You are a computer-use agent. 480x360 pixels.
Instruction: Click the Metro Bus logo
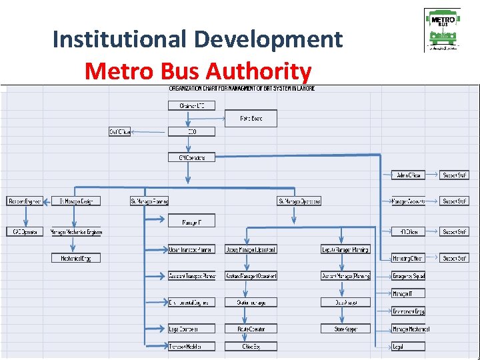tap(442, 29)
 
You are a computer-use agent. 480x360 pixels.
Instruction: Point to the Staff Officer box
tap(120, 132)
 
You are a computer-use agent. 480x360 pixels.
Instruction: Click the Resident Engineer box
tap(25, 201)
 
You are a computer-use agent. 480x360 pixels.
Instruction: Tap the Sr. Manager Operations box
tap(299, 201)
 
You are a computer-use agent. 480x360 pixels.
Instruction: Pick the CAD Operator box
tap(25, 232)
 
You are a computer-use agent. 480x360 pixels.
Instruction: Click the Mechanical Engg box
tap(76, 258)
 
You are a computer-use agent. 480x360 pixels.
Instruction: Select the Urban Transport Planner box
tap(192, 249)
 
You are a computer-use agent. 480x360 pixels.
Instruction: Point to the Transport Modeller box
tap(192, 346)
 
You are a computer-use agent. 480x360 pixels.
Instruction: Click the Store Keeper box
tap(345, 329)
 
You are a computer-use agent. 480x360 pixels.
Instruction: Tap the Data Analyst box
tap(345, 302)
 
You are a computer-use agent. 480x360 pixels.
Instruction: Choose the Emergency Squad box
tap(408, 276)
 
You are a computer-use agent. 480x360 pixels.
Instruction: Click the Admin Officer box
tap(408, 175)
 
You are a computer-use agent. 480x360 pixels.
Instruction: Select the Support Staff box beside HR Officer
tap(454, 232)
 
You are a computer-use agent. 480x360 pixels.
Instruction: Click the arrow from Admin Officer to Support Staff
tap(432, 175)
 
